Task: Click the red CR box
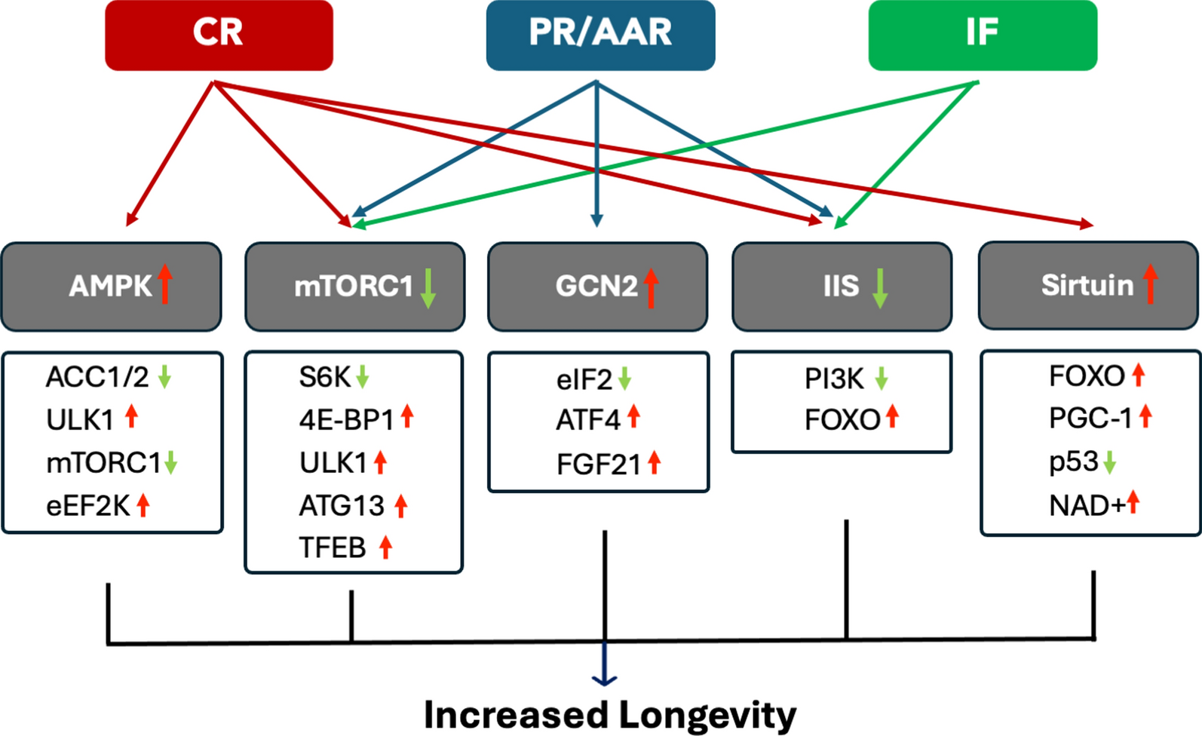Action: (219, 35)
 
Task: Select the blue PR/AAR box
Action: (600, 35)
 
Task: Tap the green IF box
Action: (982, 35)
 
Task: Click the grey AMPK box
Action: (111, 287)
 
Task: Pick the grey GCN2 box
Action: (597, 287)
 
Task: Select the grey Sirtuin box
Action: (1087, 285)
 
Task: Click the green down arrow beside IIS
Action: (879, 288)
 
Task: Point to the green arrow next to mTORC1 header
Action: (428, 288)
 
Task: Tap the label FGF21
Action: (599, 465)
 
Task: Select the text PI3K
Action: (834, 379)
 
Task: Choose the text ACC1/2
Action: (97, 376)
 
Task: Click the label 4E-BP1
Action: (346, 419)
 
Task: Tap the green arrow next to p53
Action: (1109, 462)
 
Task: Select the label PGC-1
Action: (1090, 418)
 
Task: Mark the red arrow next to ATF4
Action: (633, 416)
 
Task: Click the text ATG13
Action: (342, 505)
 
